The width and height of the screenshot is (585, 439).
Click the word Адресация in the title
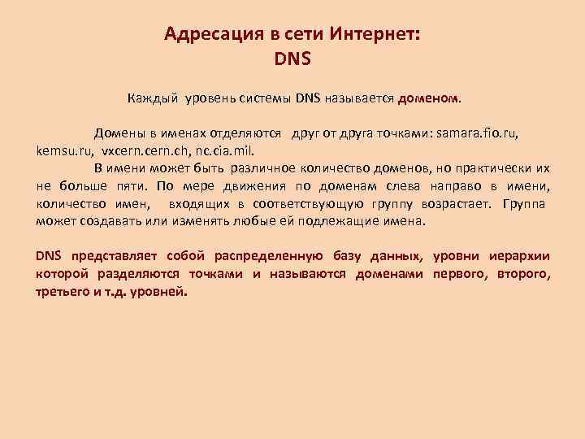(x=205, y=34)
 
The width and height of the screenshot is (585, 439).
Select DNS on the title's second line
(x=293, y=59)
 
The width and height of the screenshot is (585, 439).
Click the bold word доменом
(x=428, y=99)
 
